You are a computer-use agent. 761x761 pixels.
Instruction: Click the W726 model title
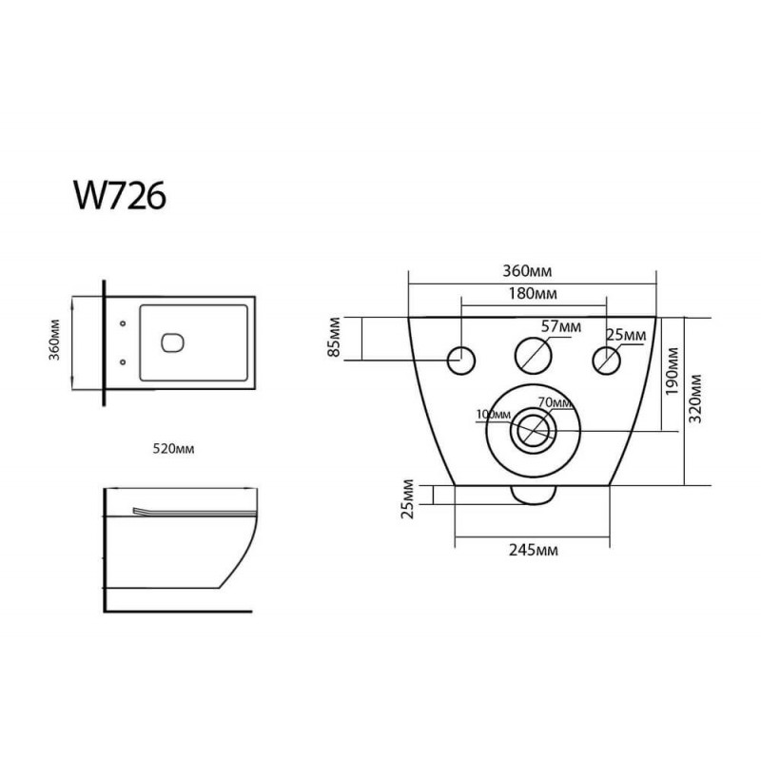[x=120, y=196]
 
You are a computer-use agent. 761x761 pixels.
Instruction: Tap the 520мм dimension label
[x=174, y=449]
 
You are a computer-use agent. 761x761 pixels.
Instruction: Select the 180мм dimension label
[x=533, y=294]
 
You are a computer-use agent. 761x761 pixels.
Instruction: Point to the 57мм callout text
[x=561, y=326]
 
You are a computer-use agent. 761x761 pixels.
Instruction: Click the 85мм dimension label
[x=335, y=338]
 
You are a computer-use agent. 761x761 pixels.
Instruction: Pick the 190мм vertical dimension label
[x=672, y=371]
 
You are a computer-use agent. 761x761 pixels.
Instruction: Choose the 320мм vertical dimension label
[x=695, y=399]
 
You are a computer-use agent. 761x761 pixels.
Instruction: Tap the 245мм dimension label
[x=534, y=550]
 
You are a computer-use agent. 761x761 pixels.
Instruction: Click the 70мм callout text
[x=555, y=402]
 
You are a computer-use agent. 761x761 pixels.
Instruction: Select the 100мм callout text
[x=494, y=415]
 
